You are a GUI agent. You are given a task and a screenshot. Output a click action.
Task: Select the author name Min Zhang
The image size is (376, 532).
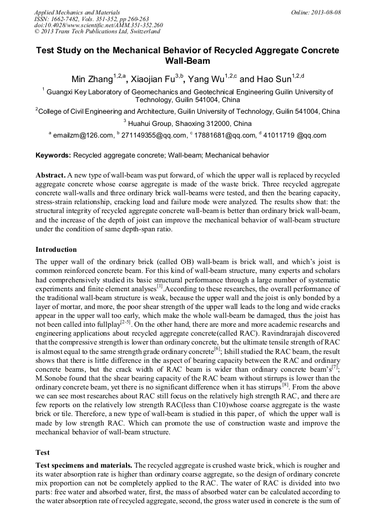click(x=92, y=79)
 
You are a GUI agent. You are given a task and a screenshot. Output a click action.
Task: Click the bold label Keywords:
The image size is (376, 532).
click(x=53, y=156)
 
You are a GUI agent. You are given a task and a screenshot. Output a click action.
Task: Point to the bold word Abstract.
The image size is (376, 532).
click(x=50, y=174)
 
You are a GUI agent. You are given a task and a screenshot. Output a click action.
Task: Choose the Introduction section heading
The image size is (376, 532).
click(x=56, y=249)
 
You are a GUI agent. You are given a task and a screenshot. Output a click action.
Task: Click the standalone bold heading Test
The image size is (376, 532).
click(x=43, y=453)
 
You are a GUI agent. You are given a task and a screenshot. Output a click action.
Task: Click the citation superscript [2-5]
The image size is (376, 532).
click(x=125, y=320)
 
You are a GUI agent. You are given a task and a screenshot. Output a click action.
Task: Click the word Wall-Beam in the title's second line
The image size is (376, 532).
click(x=187, y=60)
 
